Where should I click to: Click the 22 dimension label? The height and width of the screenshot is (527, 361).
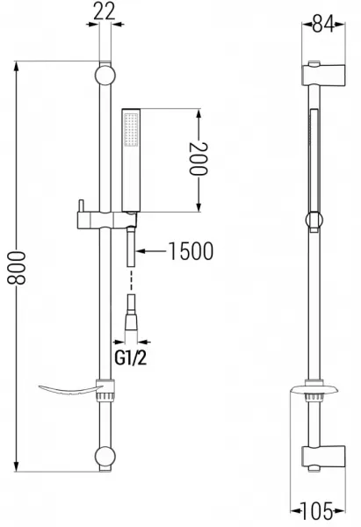(105, 11)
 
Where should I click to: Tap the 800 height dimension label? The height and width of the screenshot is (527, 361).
(17, 268)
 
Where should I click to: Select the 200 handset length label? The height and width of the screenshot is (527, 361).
(199, 159)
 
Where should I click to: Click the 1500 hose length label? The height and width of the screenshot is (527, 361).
(191, 251)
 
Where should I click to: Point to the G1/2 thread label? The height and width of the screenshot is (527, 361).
(131, 358)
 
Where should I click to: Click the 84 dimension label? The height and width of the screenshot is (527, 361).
(323, 25)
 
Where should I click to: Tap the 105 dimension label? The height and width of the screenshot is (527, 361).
(316, 511)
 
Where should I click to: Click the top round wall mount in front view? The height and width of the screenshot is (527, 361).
(105, 75)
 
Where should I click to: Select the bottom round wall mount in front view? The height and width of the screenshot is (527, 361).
(105, 457)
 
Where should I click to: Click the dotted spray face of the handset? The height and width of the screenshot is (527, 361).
(131, 130)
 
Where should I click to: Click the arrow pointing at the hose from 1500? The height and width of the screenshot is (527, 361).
(150, 251)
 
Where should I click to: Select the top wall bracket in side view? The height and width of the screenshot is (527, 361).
(323, 75)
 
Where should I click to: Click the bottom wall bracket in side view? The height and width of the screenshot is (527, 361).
(323, 458)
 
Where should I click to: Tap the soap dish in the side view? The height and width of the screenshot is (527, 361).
(313, 390)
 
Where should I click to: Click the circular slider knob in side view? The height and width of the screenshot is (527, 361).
(314, 220)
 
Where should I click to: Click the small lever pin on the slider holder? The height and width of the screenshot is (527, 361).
(80, 206)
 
